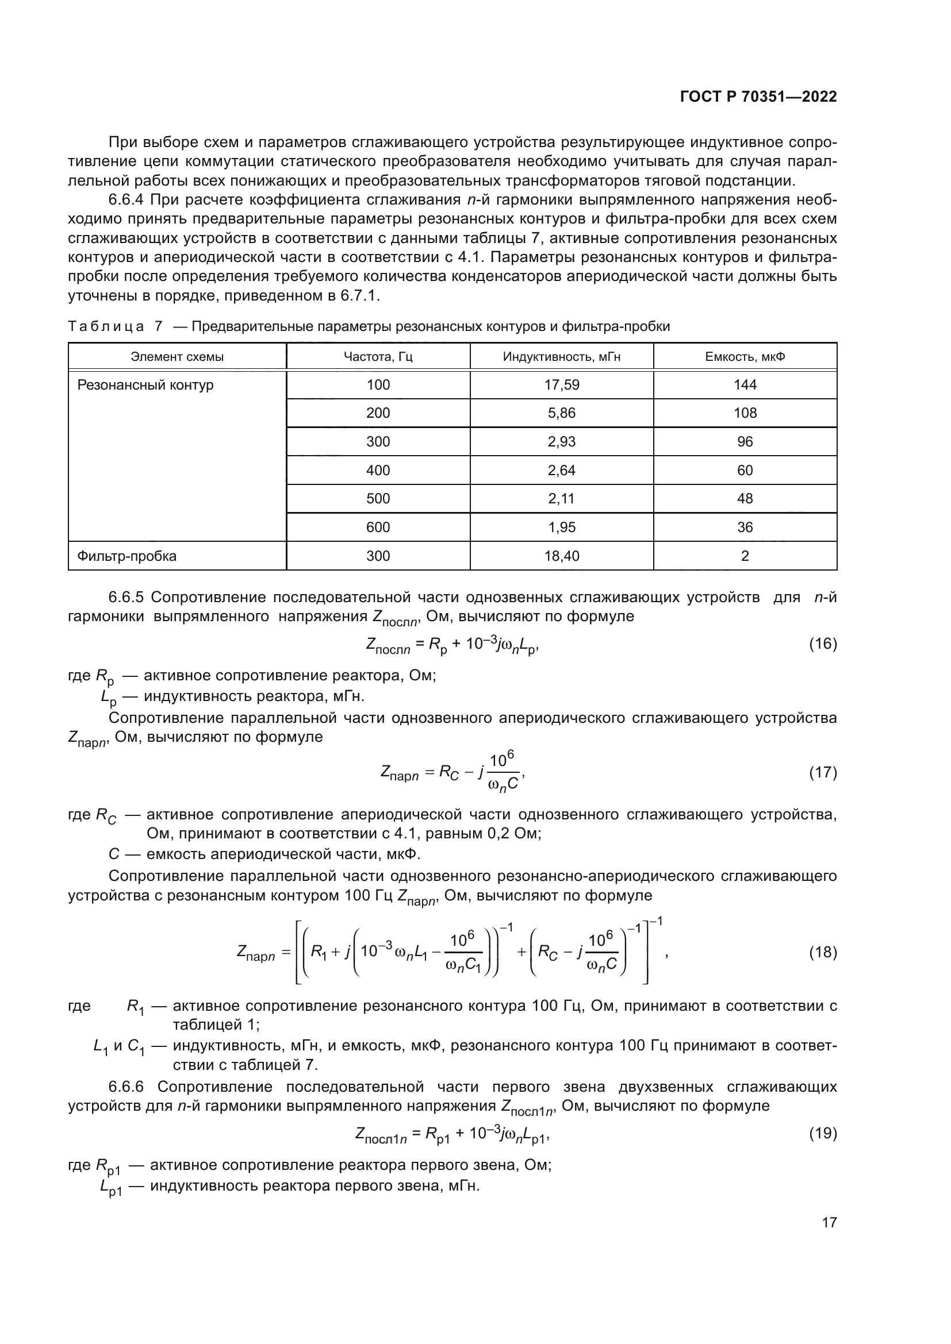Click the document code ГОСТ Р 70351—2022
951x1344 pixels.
758,97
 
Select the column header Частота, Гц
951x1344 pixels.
378,356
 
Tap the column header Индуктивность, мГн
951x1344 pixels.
561,356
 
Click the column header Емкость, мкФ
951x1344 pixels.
744,356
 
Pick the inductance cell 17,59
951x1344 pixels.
561,384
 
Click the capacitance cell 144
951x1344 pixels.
744,384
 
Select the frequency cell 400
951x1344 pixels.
378,470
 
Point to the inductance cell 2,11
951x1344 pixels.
561,499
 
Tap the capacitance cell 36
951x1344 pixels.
744,527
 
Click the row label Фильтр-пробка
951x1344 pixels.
127,556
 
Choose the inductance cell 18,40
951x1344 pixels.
561,556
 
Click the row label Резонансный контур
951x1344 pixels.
145,384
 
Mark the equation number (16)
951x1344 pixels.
823,644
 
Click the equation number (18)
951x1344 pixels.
823,952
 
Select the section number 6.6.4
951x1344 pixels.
126,200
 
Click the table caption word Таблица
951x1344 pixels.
105,326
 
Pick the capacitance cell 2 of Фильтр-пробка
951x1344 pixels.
744,556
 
